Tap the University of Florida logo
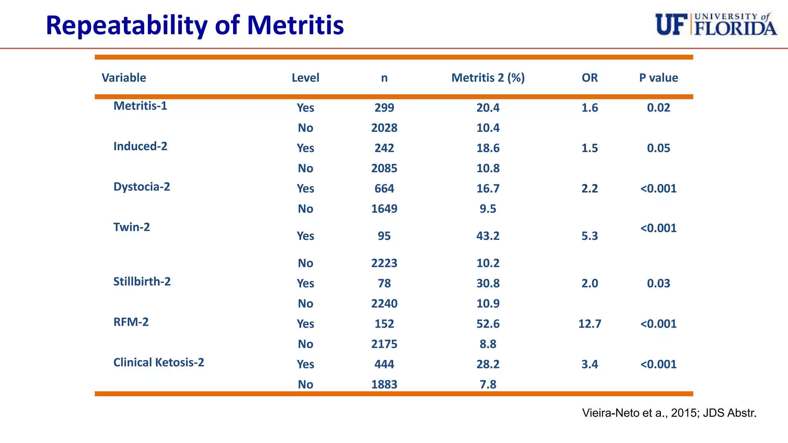(716, 25)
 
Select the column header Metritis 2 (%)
(488, 78)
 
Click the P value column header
(658, 78)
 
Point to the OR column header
(589, 78)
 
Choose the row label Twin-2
(132, 227)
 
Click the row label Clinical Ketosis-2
(159, 362)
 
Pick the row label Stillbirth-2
(142, 281)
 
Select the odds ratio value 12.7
(589, 324)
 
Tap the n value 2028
(384, 128)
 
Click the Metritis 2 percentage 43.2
(488, 236)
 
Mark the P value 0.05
(658, 148)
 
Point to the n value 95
(384, 236)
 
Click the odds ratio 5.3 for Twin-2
(589, 236)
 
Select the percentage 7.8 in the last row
(488, 384)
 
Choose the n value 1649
(384, 209)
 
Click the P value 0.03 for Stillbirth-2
(658, 283)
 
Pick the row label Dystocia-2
(142, 187)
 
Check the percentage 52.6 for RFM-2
(488, 324)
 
